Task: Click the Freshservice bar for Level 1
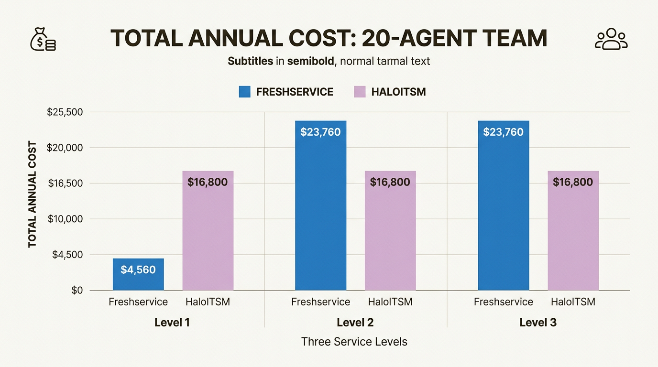[x=138, y=274]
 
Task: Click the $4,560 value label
[x=138, y=270]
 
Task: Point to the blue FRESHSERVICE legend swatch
[x=245, y=92]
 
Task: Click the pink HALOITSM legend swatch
[x=360, y=92]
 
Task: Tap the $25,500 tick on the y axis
[x=65, y=112]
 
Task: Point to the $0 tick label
[x=77, y=290]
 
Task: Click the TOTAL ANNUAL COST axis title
[x=32, y=194]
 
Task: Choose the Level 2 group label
[x=355, y=323]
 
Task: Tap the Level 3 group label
[x=538, y=323]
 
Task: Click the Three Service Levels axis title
[x=354, y=342]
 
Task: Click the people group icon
[x=611, y=39]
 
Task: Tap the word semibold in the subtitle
[x=308, y=61]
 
